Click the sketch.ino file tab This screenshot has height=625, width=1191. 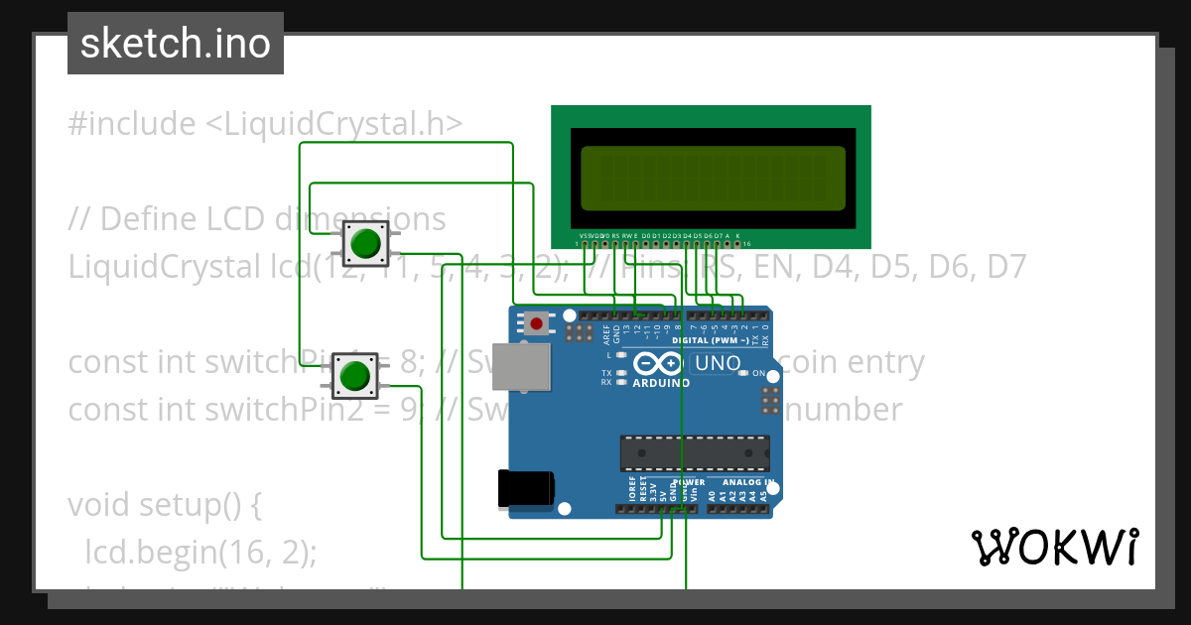click(x=175, y=44)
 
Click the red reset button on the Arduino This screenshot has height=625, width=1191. click(x=537, y=322)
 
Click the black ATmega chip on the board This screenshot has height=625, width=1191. click(x=694, y=452)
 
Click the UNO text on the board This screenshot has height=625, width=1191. click(x=717, y=363)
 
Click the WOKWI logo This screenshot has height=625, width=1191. click(x=1054, y=547)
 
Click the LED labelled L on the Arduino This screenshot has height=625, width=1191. click(x=620, y=355)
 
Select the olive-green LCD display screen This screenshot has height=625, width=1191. click(x=713, y=179)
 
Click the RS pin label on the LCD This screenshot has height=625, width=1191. click(x=615, y=235)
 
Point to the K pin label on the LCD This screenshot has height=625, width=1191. click(x=737, y=235)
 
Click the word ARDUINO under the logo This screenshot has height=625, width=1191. click(x=660, y=383)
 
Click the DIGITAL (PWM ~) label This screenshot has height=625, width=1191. click(x=718, y=340)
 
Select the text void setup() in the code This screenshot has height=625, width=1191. click(x=164, y=505)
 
